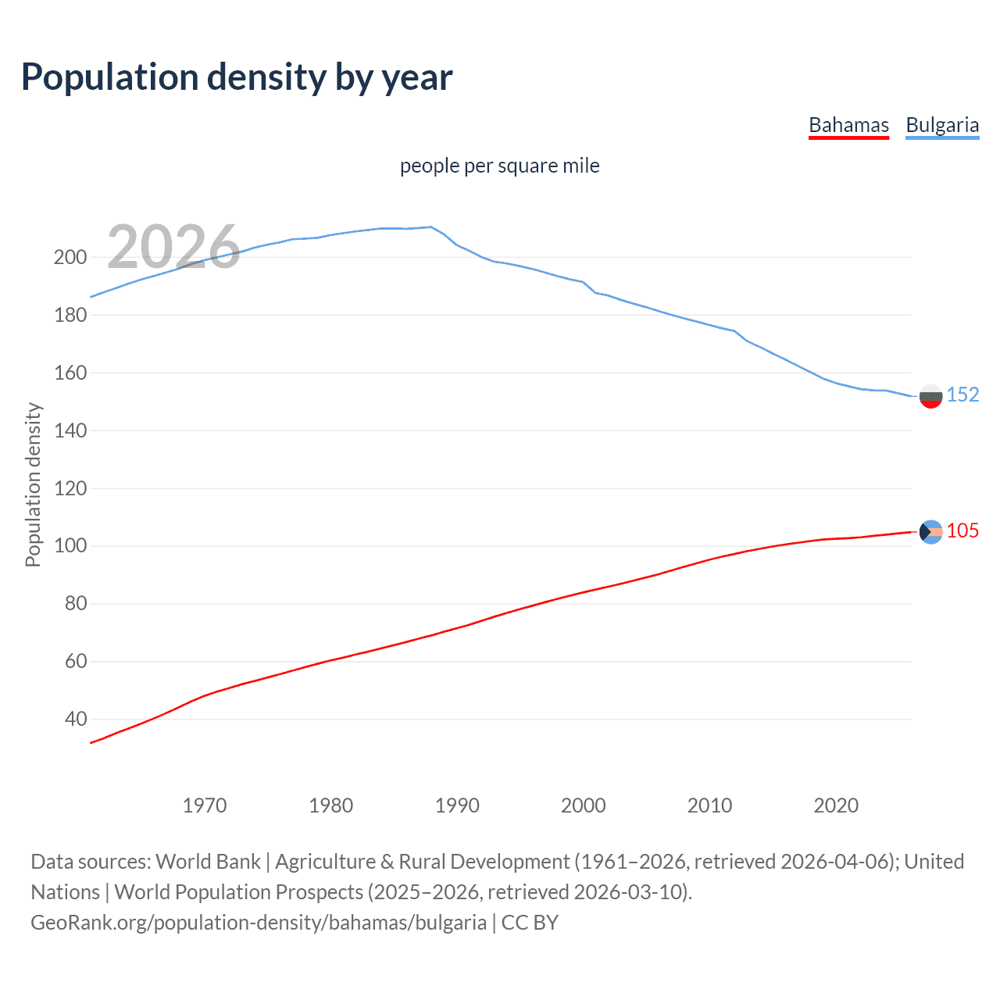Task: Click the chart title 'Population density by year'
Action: coord(237,77)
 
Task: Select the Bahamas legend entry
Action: coord(848,125)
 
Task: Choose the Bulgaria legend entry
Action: coord(942,125)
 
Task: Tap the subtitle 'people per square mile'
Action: coord(500,166)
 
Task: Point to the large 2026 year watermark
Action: coord(173,247)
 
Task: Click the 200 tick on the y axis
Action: coord(70,257)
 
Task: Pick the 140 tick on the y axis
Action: coord(70,430)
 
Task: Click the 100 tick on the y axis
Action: coord(70,545)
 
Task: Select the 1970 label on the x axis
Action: coord(205,805)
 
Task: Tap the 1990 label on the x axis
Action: coord(457,805)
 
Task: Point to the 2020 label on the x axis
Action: coord(836,805)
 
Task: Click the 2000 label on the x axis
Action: coord(584,805)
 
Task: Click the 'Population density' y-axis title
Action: coord(33,484)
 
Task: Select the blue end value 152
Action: coord(962,395)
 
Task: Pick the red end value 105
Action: coord(962,531)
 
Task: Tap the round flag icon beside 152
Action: coord(930,397)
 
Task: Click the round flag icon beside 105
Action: coord(930,531)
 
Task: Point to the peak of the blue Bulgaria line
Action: coord(430,227)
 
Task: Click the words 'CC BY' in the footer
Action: coord(530,923)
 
